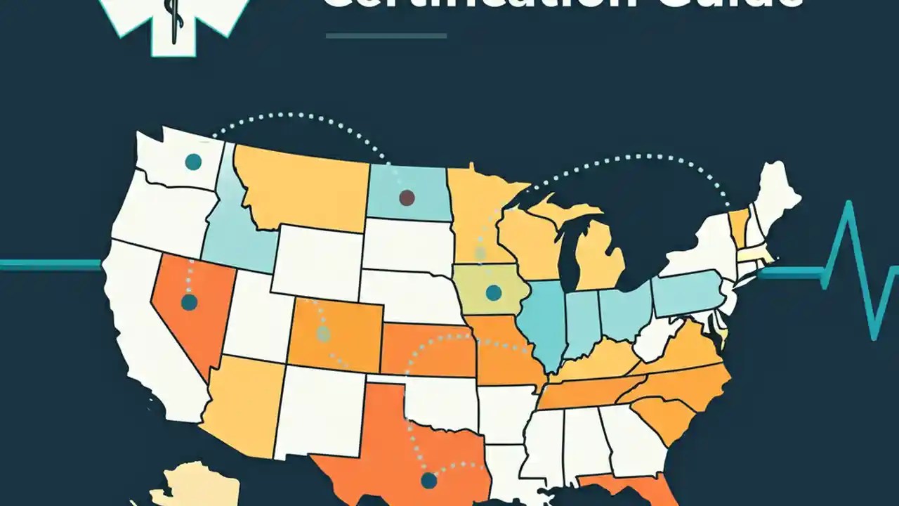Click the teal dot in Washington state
tap(193, 162)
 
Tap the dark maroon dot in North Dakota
tap(407, 197)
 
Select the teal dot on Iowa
tap(494, 292)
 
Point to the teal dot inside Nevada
tap(189, 302)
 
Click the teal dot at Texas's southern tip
tap(429, 481)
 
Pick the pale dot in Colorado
tap(323, 334)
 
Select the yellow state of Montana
tap(302, 186)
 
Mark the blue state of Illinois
tap(545, 323)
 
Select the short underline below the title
tap(386, 35)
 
